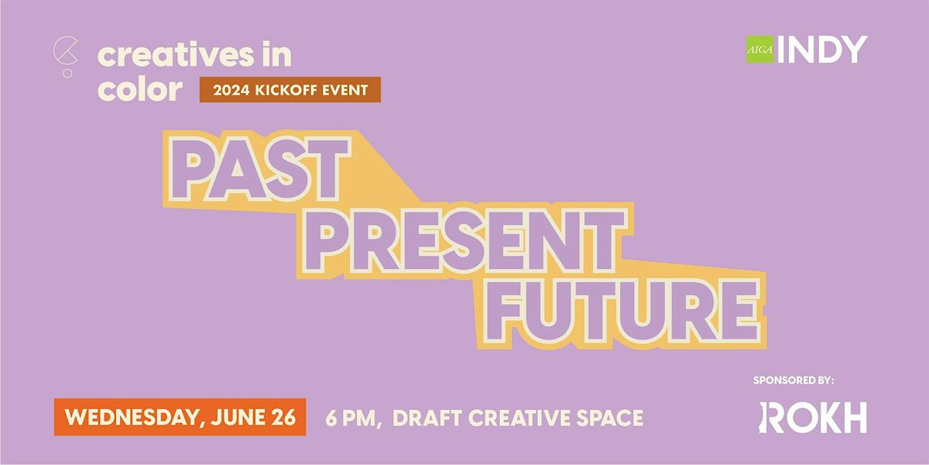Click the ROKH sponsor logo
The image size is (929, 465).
pyautogui.click(x=812, y=418)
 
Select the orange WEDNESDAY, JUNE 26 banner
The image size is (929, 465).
pyautogui.click(x=180, y=418)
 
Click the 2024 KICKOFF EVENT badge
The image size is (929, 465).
pyautogui.click(x=290, y=91)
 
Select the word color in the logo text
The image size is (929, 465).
pyautogui.click(x=140, y=89)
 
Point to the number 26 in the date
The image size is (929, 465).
pyautogui.click(x=283, y=418)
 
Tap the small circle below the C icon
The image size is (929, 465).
pyautogui.click(x=67, y=74)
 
